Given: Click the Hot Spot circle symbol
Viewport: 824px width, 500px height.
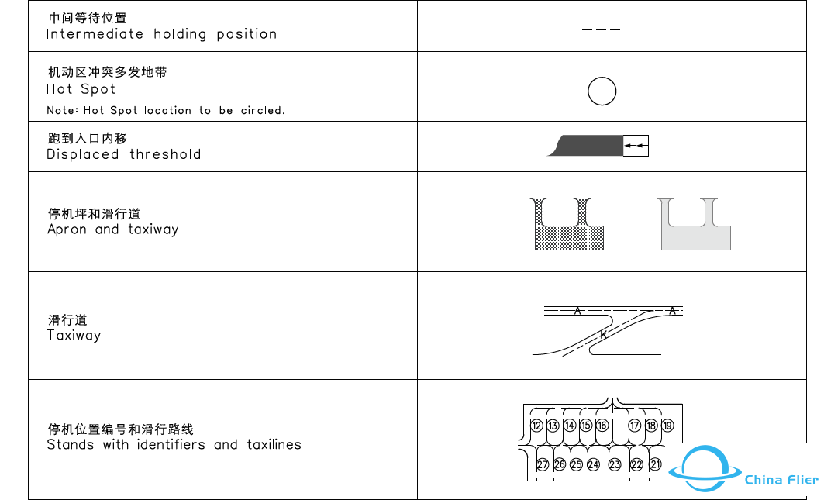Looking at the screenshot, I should click(x=602, y=91).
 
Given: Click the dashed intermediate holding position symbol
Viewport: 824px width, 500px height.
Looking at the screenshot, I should click(x=601, y=29).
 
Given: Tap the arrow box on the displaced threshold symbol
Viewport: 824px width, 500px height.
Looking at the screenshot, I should click(x=636, y=146).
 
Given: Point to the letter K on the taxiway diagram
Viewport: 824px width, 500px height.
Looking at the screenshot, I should click(x=603, y=334).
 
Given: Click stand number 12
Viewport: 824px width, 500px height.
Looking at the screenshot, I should click(x=536, y=426).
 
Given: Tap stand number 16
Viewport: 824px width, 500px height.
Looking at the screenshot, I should click(x=602, y=426).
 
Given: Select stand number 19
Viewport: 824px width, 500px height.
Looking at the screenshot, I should click(x=667, y=426).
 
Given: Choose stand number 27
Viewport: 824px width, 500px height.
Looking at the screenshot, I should click(x=543, y=464).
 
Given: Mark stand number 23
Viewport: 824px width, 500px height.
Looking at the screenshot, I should click(x=615, y=464).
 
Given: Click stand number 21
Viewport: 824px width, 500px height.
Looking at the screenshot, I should click(x=656, y=464).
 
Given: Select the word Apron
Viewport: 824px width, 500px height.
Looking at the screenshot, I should click(x=67, y=229).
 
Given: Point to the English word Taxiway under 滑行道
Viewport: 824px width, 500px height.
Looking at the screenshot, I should click(x=74, y=336).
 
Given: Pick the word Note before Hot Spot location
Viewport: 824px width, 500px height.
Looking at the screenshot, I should click(x=61, y=111).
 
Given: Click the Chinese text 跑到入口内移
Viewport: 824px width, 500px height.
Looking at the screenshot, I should click(x=87, y=139).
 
